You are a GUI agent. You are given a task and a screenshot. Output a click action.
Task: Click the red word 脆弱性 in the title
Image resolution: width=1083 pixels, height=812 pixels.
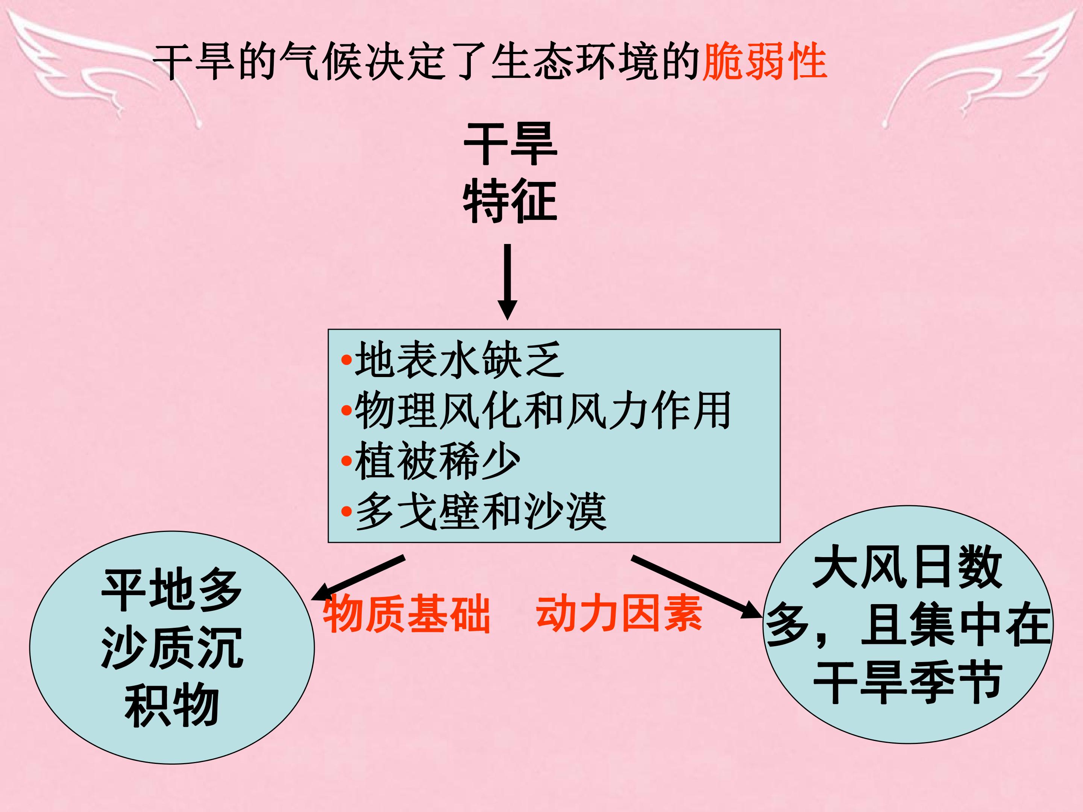click(765, 62)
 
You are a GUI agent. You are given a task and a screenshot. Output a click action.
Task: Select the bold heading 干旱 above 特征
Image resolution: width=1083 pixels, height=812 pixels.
click(511, 144)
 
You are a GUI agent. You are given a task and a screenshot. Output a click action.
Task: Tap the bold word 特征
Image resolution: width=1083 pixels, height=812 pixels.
click(510, 201)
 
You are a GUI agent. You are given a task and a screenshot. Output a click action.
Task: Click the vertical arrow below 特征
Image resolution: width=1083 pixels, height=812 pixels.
click(508, 282)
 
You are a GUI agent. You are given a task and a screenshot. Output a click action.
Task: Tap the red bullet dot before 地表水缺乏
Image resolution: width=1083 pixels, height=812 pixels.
click(347, 360)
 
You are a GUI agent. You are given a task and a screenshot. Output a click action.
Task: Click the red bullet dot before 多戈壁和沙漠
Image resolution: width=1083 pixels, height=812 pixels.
click(347, 512)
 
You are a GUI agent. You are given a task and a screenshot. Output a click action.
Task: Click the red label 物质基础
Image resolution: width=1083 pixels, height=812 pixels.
click(407, 614)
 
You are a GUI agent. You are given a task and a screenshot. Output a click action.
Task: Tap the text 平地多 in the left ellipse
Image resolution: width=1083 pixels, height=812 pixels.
click(172, 589)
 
